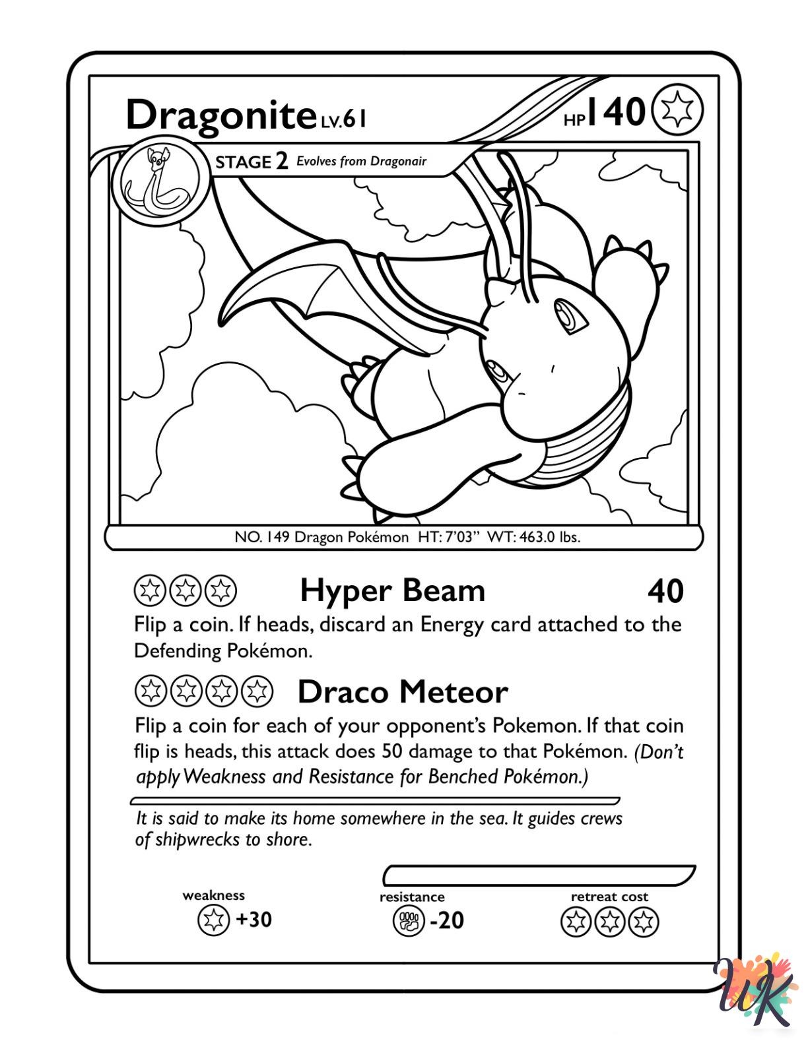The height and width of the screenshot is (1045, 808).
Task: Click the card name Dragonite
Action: tap(221, 115)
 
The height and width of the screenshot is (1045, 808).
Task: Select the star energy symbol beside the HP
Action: tap(677, 111)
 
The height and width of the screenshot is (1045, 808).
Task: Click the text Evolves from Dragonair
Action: tap(361, 162)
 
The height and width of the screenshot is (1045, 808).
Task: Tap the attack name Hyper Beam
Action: tap(393, 590)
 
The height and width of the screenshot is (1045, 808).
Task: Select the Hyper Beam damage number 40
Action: tap(665, 592)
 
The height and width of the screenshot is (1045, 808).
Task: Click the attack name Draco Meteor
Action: tap(403, 692)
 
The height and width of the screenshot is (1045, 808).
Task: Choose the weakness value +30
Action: tap(254, 919)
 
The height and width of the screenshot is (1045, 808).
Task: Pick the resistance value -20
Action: tap(447, 920)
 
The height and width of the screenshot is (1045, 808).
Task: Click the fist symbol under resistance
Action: tap(409, 921)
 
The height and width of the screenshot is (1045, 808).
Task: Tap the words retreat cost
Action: tap(609, 897)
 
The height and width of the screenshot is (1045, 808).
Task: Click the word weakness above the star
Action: tap(213, 895)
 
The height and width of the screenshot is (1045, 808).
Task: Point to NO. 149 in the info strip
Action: tap(262, 537)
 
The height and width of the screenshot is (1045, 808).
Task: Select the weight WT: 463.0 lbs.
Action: tap(533, 537)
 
